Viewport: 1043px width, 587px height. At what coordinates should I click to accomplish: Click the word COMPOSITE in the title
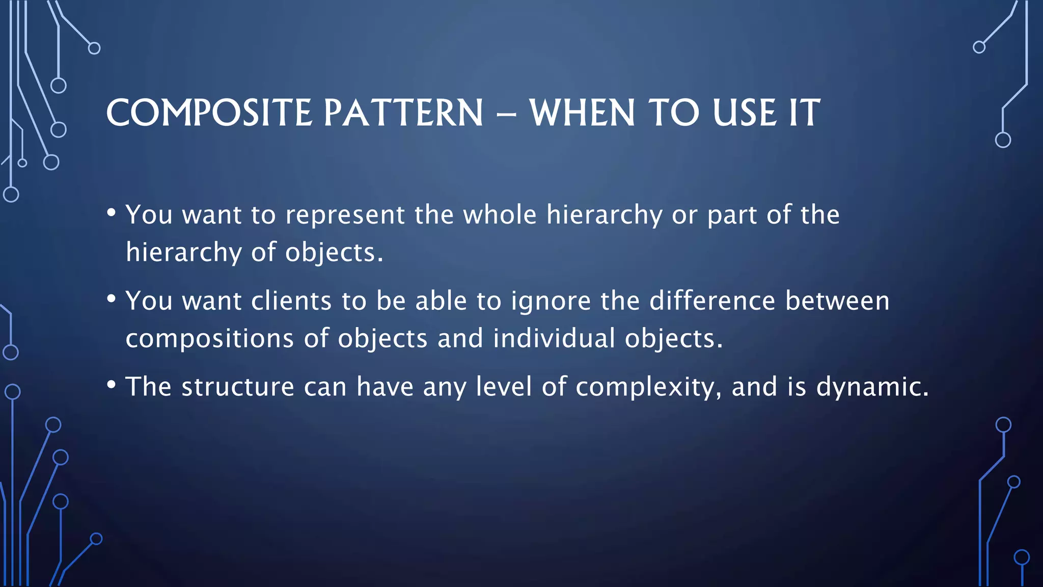(209, 113)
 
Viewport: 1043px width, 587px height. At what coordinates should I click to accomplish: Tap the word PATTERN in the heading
(403, 113)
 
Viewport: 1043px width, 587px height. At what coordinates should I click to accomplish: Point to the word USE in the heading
(745, 113)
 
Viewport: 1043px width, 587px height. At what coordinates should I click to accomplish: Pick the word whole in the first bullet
(499, 215)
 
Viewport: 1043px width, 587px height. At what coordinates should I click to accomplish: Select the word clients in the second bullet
(291, 301)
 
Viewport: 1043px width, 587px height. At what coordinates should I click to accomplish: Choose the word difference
(712, 301)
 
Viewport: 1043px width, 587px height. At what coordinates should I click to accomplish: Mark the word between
(837, 301)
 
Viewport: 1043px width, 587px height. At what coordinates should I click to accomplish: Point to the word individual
(554, 338)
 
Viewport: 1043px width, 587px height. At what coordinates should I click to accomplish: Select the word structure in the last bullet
(238, 387)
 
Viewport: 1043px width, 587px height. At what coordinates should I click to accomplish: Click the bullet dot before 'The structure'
(112, 385)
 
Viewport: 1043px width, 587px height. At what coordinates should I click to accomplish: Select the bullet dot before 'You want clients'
(112, 299)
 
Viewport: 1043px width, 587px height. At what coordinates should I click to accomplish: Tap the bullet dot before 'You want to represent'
(112, 212)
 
